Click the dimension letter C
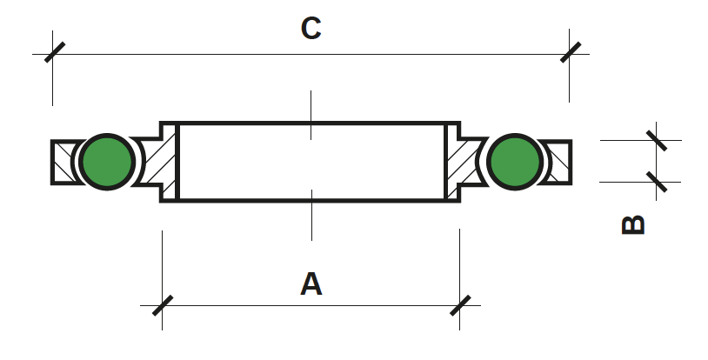click(x=311, y=29)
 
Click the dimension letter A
click(x=311, y=284)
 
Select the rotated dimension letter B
click(x=633, y=225)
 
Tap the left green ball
click(x=107, y=162)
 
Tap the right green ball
click(x=515, y=162)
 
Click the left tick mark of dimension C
click(x=55, y=52)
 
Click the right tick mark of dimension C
click(x=571, y=52)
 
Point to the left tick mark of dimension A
click(x=163, y=306)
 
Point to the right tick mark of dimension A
click(x=461, y=306)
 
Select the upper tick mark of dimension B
click(x=657, y=141)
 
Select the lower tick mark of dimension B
click(x=657, y=182)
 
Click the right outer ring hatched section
click(x=557, y=162)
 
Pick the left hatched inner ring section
click(x=159, y=162)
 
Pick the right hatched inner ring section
click(x=464, y=162)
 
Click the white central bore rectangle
click(x=312, y=162)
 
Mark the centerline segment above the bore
click(x=311, y=115)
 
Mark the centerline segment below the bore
click(x=311, y=215)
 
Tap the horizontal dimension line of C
click(x=311, y=54)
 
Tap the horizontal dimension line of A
click(x=311, y=306)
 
